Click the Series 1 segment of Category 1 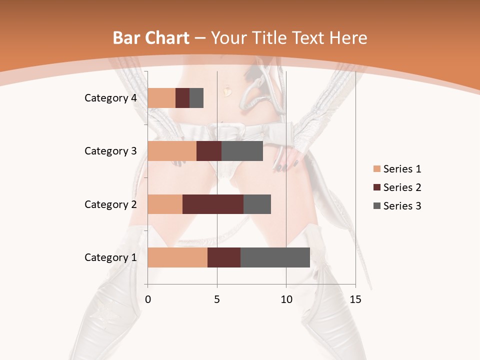pos(177,257)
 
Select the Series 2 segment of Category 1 pos(224,257)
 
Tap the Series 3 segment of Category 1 pos(275,257)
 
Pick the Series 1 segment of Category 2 pos(165,204)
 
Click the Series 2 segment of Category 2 pos(213,204)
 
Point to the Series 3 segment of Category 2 pos(257,204)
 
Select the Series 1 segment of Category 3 pos(172,151)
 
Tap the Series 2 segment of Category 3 pos(209,151)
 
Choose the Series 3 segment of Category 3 pos(242,151)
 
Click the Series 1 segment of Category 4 pos(161,98)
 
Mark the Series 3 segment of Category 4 pos(196,98)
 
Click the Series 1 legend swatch pos(376,169)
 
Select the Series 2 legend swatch pos(376,187)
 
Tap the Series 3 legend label pos(402,206)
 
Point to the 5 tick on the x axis pos(217,299)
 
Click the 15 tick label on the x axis pos(355,299)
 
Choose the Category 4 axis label pos(110,98)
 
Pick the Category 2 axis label pos(110,204)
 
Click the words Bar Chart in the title pos(151,38)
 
